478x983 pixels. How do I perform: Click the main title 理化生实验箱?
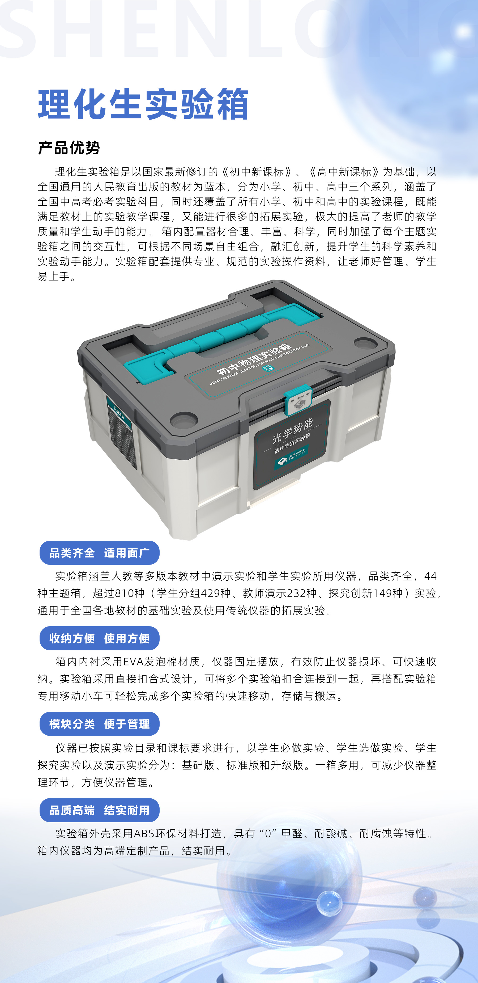pyautogui.click(x=143, y=104)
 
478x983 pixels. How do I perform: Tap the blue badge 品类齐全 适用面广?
pyautogui.click(x=99, y=553)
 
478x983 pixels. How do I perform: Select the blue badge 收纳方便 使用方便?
pyautogui.click(x=99, y=638)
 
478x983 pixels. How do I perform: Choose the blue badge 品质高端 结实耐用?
pyautogui.click(x=99, y=810)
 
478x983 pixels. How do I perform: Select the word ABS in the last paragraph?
pyautogui.click(x=144, y=833)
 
